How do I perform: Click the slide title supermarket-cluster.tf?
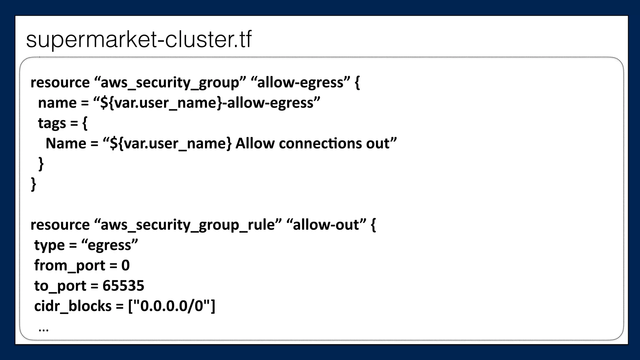tap(139, 40)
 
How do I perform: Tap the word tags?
tap(52, 123)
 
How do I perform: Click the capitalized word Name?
tap(66, 143)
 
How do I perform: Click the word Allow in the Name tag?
tap(255, 143)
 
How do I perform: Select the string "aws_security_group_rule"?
tap(187, 225)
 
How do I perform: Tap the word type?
tap(49, 245)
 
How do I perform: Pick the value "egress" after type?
tap(109, 245)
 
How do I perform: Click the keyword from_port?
tap(69, 266)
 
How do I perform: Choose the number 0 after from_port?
tap(125, 265)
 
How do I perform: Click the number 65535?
tap(123, 286)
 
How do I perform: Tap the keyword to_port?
tap(60, 286)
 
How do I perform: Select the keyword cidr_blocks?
tap(72, 306)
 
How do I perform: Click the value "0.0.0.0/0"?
tap(172, 306)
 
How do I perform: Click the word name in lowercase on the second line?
tap(57, 103)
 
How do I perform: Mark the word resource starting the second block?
tap(60, 225)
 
